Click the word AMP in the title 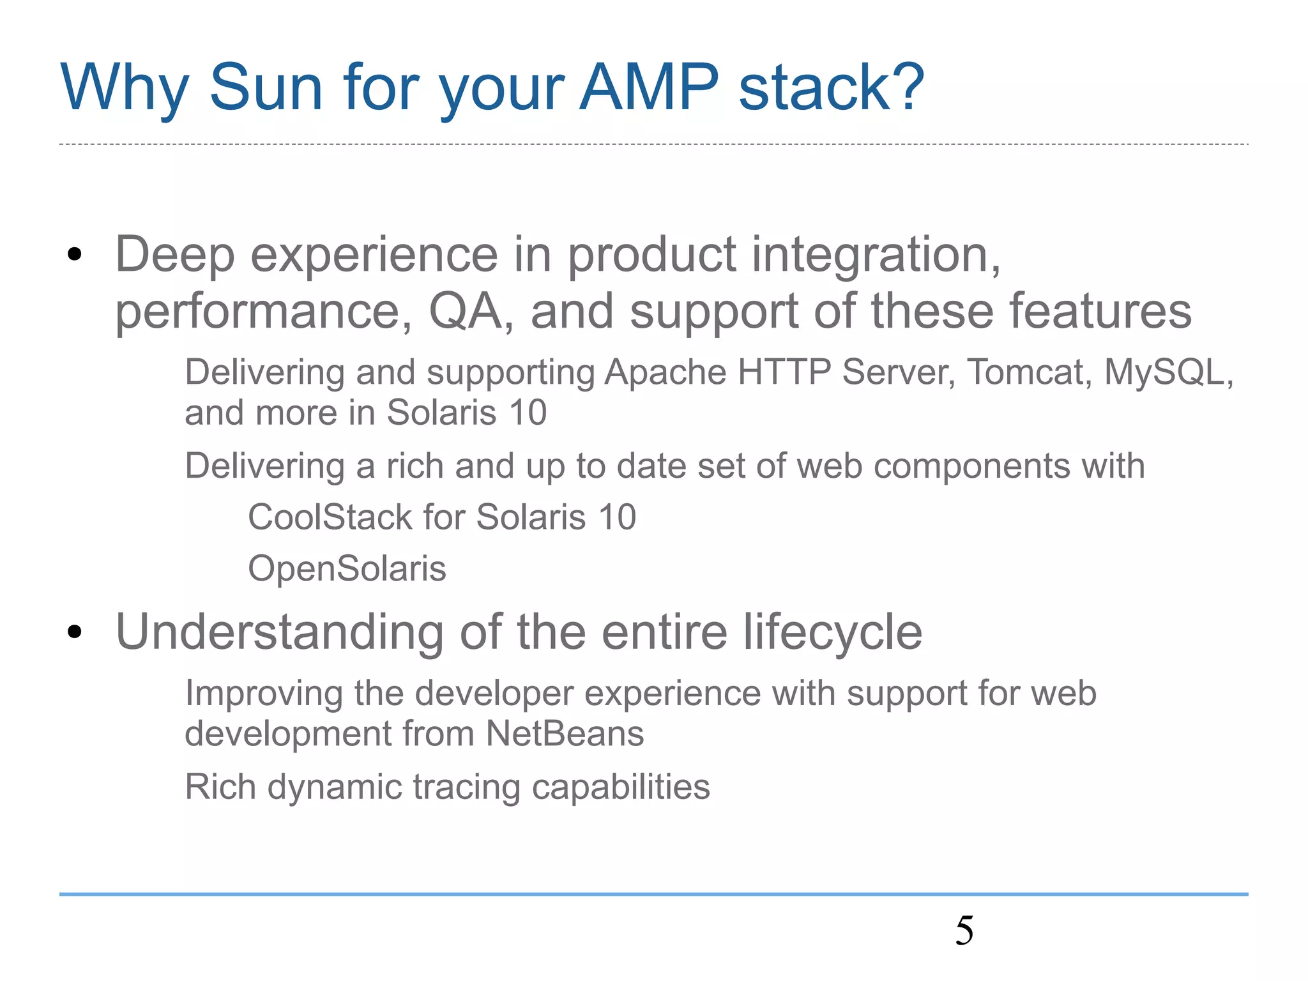click(649, 87)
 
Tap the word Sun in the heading click(266, 87)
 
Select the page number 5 click(964, 931)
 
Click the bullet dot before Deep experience click(75, 255)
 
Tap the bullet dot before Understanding click(75, 632)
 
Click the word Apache click(665, 372)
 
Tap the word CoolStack click(330, 517)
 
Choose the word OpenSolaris click(347, 568)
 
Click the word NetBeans click(565, 733)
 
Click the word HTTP click(784, 372)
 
